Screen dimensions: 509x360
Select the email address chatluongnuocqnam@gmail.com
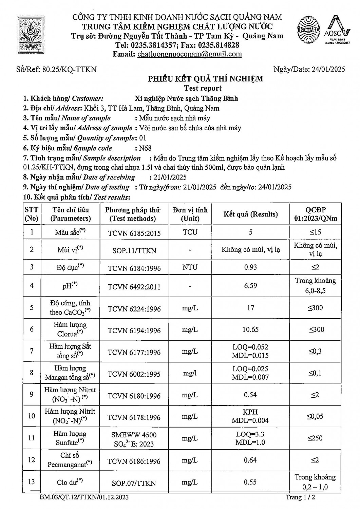pyautogui.click(x=189, y=54)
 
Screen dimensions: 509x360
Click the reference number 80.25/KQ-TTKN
pyautogui.click(x=70, y=70)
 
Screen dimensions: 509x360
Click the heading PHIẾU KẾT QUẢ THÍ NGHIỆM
pyautogui.click(x=205, y=79)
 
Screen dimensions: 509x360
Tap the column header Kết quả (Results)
pyautogui.click(x=250, y=214)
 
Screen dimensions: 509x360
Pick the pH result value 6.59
pyautogui.click(x=250, y=286)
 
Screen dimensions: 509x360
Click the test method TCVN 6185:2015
pyautogui.click(x=134, y=233)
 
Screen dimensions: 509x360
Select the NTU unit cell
pyautogui.click(x=190, y=267)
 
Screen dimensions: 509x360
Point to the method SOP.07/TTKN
pyautogui.click(x=134, y=483)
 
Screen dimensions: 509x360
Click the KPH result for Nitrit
pyautogui.click(x=250, y=412)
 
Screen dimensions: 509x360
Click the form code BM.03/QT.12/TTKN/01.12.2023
pyautogui.click(x=84, y=498)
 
